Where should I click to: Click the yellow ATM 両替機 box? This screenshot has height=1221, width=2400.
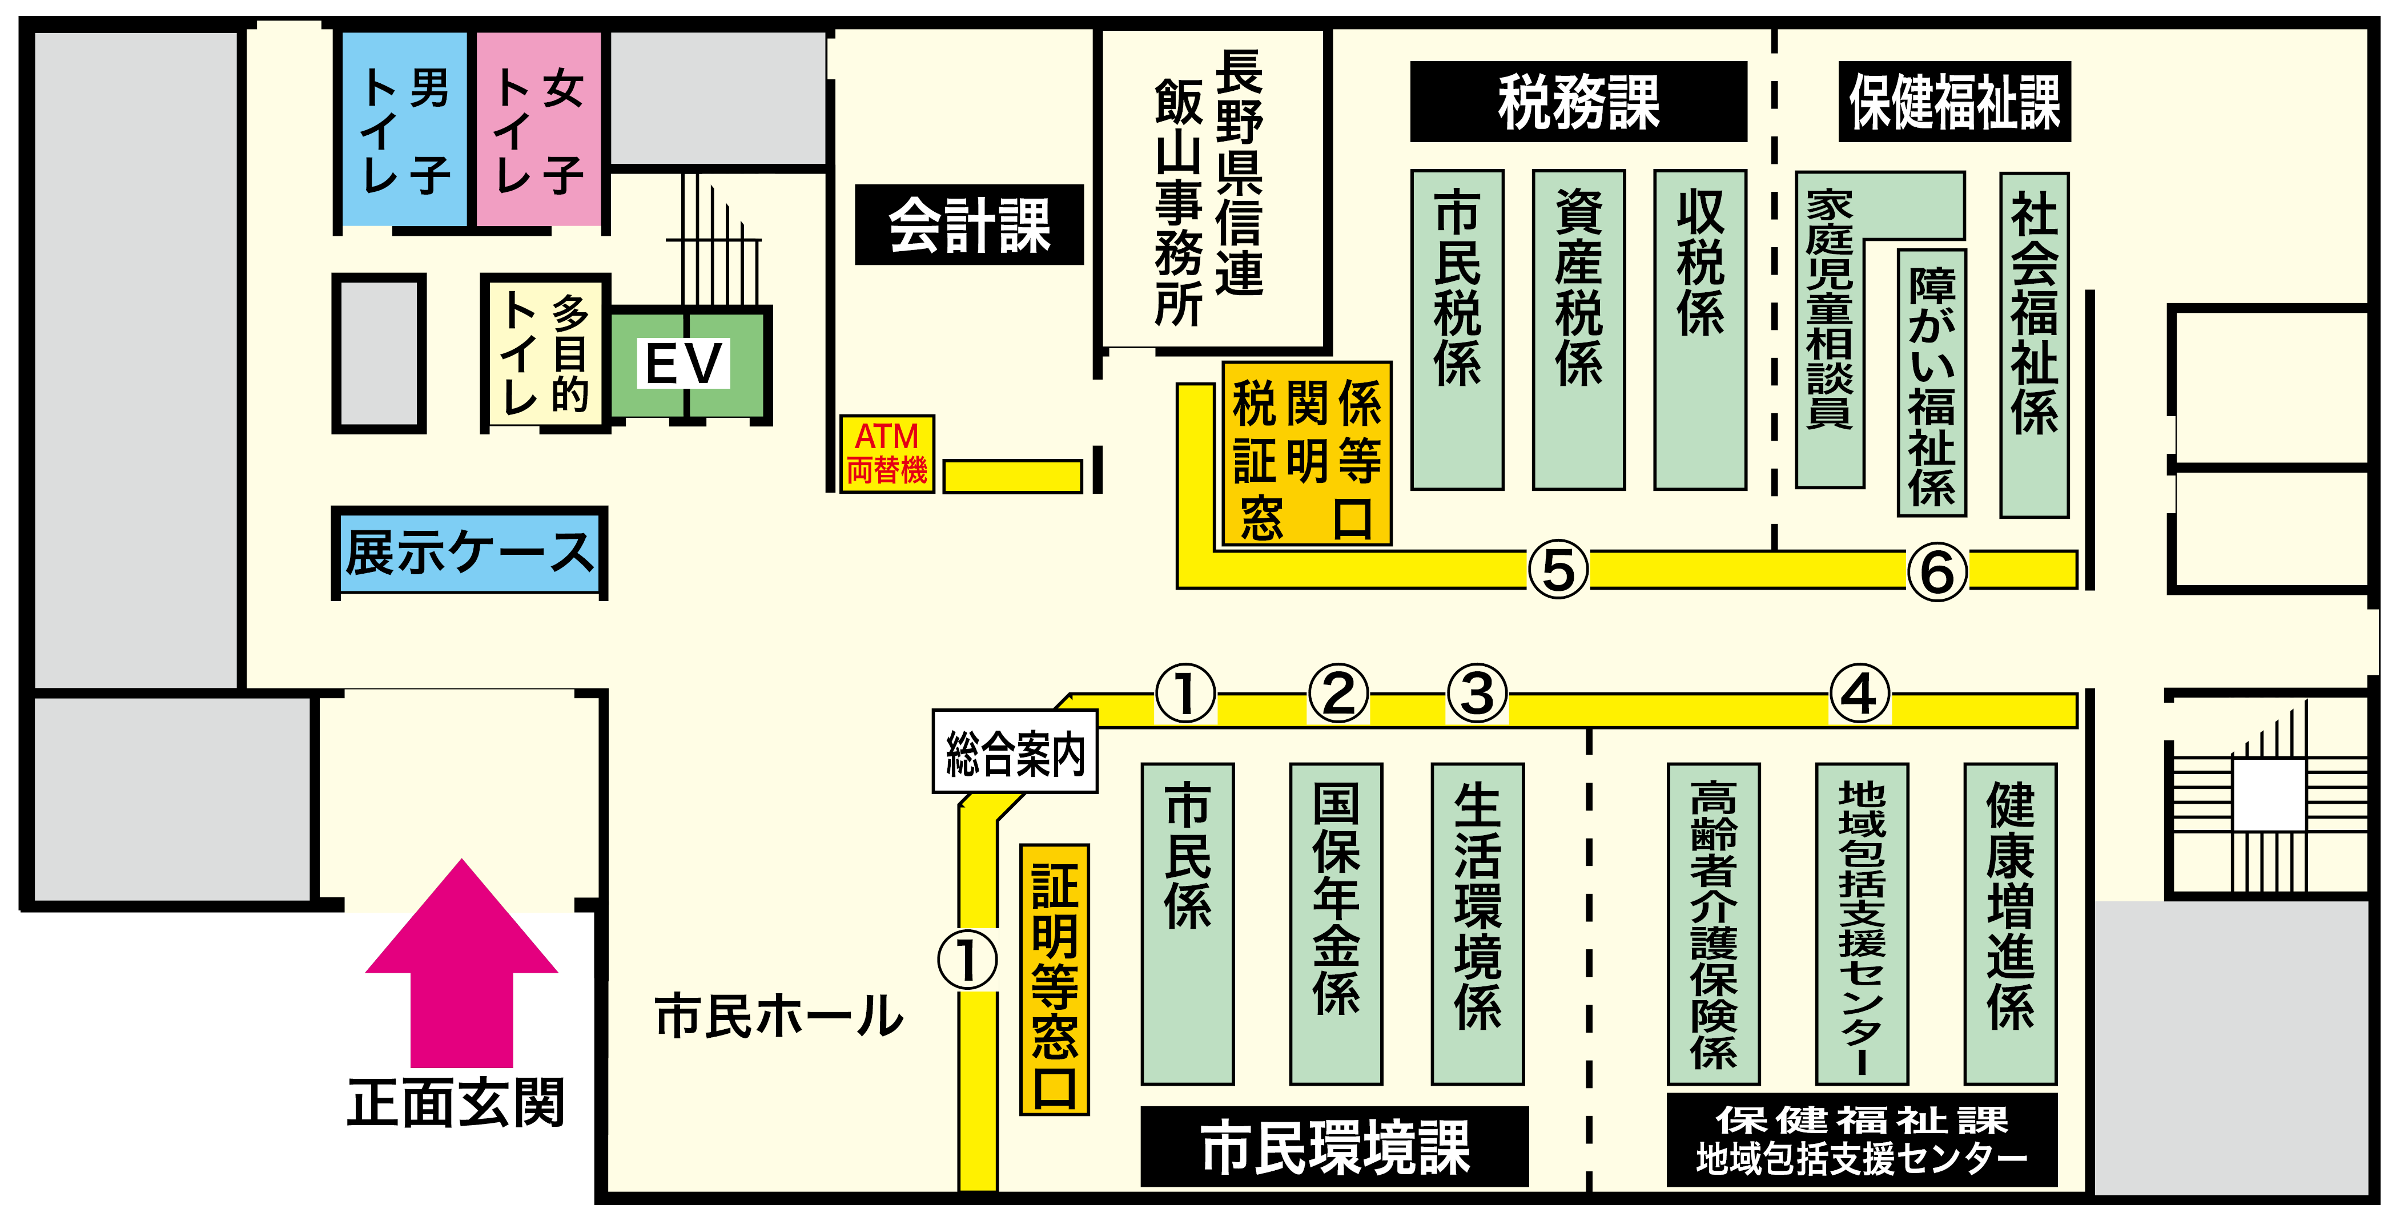tap(887, 454)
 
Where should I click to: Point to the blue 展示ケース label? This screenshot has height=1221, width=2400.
tap(469, 553)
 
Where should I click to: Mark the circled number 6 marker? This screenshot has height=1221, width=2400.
tap(1938, 571)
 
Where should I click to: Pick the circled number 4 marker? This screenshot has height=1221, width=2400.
tap(1860, 694)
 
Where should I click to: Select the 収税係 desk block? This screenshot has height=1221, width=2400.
tap(1700, 330)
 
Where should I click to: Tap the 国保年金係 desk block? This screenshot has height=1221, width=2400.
tap(1336, 924)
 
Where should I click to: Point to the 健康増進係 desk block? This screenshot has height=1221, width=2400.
tap(2011, 924)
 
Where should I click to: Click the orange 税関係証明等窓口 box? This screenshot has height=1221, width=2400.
tap(1307, 454)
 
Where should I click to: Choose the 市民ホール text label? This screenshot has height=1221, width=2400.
tap(779, 1015)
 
